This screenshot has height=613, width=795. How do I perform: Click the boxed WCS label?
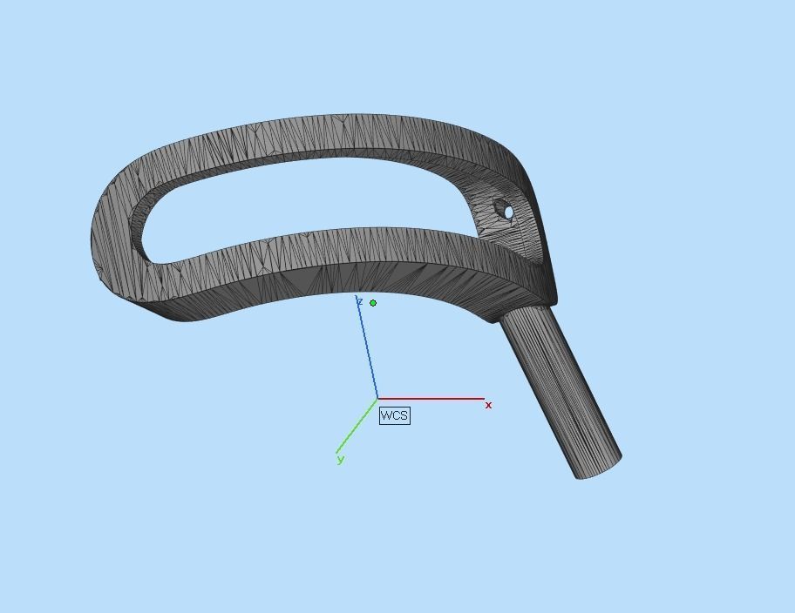[x=394, y=415]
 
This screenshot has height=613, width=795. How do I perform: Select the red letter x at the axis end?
[x=489, y=405]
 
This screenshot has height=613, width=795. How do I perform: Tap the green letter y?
[x=340, y=459]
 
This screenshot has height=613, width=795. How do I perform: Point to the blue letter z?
[x=359, y=301]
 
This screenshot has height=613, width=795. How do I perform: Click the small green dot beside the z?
[x=373, y=303]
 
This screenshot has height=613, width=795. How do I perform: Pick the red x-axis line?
[x=436, y=399]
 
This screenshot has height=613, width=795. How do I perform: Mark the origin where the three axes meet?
[x=377, y=399]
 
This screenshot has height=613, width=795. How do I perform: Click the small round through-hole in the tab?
[x=510, y=212]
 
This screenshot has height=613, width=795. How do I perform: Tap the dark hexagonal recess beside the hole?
[x=500, y=208]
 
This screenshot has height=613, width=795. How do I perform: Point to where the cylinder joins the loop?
[x=523, y=312]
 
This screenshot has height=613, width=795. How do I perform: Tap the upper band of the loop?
[x=349, y=135]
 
